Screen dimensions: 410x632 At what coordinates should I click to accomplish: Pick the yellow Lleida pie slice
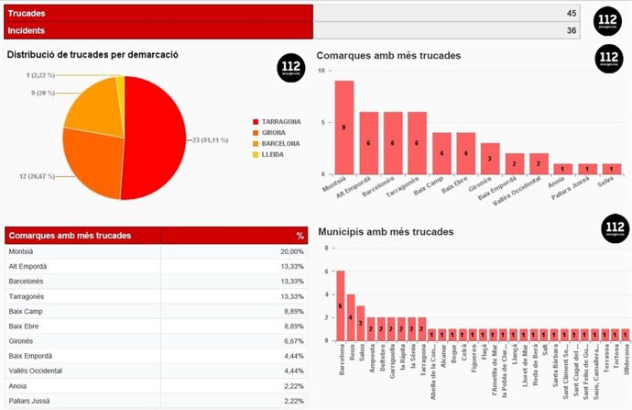pyautogui.click(x=119, y=83)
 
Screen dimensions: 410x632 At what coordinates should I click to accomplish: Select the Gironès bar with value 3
pyautogui.click(x=490, y=158)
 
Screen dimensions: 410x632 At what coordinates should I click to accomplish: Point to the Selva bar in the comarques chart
pyautogui.click(x=613, y=168)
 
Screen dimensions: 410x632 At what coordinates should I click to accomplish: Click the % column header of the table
pyautogui.click(x=299, y=236)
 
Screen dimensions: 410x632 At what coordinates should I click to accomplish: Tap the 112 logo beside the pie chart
pyautogui.click(x=290, y=68)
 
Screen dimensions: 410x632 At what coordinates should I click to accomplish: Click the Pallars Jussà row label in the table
pyautogui.click(x=31, y=400)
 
